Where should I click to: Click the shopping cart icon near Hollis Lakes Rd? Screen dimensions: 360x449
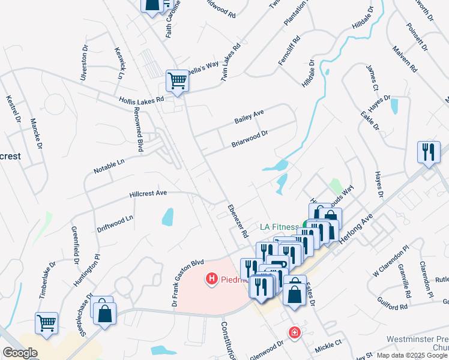177,80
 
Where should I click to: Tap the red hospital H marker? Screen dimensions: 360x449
211,279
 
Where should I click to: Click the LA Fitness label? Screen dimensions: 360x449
279,227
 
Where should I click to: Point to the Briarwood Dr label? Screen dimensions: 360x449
249,139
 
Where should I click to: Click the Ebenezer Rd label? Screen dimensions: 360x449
238,221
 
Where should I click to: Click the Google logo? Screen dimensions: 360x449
19,353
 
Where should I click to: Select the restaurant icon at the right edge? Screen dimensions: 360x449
429,152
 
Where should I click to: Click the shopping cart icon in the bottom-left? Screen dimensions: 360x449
47,323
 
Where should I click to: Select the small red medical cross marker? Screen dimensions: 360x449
294,332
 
